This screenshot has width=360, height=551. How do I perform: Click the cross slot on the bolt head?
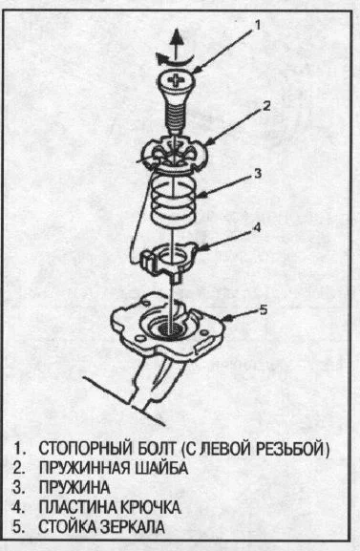175,81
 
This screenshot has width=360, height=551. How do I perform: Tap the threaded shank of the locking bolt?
175,116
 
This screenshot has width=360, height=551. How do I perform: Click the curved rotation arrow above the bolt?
175,59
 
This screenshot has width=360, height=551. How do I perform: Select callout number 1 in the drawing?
257,25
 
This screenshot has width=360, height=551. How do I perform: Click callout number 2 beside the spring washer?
266,106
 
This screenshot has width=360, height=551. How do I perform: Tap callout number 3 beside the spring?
259,174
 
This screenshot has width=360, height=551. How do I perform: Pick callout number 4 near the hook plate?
257,227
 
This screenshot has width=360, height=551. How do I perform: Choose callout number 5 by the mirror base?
264,310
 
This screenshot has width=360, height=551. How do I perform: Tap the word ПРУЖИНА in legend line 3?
74,488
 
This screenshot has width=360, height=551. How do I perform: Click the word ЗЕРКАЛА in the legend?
132,527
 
